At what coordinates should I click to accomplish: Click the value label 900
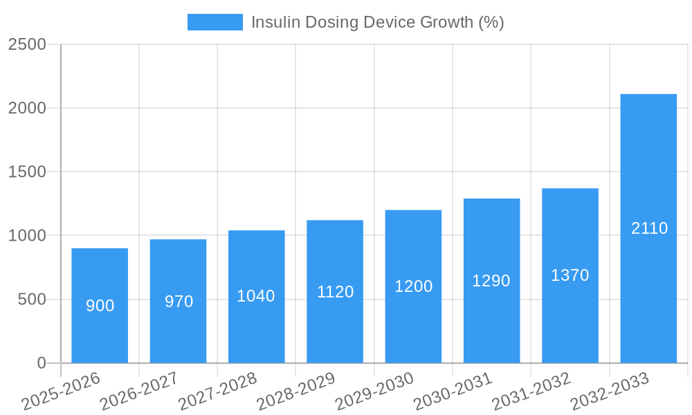100,306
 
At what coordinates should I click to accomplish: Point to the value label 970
179,302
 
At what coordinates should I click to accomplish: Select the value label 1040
256,296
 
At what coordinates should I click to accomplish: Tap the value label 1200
413,286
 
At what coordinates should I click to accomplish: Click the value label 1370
570,275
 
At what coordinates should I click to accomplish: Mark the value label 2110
649,228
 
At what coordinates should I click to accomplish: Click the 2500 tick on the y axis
27,44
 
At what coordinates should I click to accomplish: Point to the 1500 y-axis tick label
27,172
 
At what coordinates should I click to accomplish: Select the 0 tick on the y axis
41,363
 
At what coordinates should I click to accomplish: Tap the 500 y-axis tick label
32,299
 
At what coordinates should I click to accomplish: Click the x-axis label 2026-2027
139,391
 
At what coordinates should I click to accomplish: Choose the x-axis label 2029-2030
374,391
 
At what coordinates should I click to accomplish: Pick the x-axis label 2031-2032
531,391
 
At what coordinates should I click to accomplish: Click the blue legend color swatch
215,22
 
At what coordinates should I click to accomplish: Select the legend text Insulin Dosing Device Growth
377,22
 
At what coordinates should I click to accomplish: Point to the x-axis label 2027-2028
217,391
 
